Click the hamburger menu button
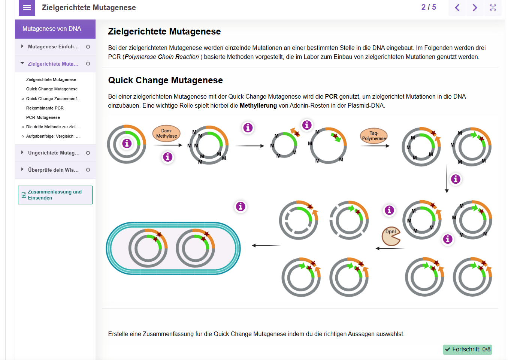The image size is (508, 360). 27,7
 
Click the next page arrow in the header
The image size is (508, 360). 475,7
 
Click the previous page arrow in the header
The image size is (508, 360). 457,7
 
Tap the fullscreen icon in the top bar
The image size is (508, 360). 493,7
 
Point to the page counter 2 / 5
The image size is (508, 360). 429,7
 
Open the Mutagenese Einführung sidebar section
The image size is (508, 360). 53,47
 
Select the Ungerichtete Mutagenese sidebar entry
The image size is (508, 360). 54,153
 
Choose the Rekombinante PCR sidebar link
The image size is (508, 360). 45,108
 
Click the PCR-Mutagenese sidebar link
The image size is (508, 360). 43,117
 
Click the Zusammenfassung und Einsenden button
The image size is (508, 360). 55,195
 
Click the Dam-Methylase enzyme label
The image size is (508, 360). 166,133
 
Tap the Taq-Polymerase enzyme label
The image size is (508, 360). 374,136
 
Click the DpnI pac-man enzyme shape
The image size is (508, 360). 391,236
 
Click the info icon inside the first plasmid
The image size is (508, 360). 127,143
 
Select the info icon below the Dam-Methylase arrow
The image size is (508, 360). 167,157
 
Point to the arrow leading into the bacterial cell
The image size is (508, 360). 266,246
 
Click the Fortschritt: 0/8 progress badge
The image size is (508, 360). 467,349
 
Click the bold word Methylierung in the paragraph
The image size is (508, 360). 258,106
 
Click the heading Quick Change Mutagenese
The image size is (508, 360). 165,80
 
